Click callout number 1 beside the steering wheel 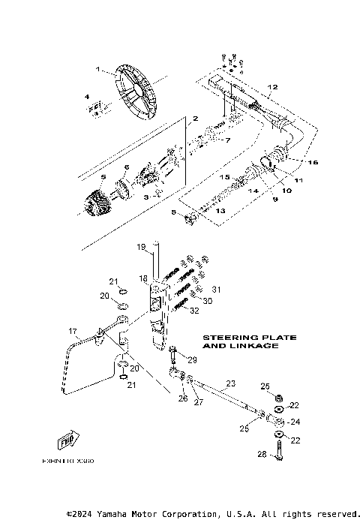pyautogui.click(x=97, y=69)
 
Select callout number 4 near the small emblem pyautogui.click(x=87, y=98)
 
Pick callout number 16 pyautogui.click(x=314, y=161)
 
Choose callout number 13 pyautogui.click(x=220, y=212)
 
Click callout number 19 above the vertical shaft pyautogui.click(x=140, y=246)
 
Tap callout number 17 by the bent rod pyautogui.click(x=73, y=331)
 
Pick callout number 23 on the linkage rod pyautogui.click(x=230, y=383)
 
